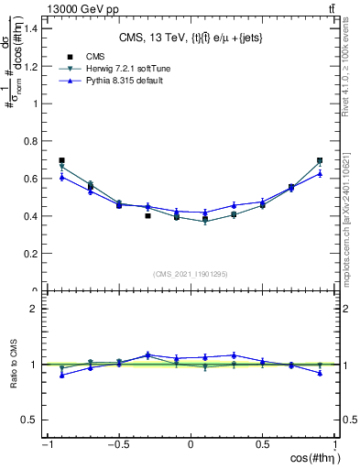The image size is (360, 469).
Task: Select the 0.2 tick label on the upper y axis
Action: pyautogui.click(x=29, y=254)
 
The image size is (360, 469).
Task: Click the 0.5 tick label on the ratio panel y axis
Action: pyautogui.click(x=29, y=420)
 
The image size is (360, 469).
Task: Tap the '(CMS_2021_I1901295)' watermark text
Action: pyautogui.click(x=191, y=274)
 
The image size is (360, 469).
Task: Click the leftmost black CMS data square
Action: pyautogui.click(x=61, y=160)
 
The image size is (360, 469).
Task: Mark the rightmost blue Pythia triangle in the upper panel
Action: pyautogui.click(x=320, y=173)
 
